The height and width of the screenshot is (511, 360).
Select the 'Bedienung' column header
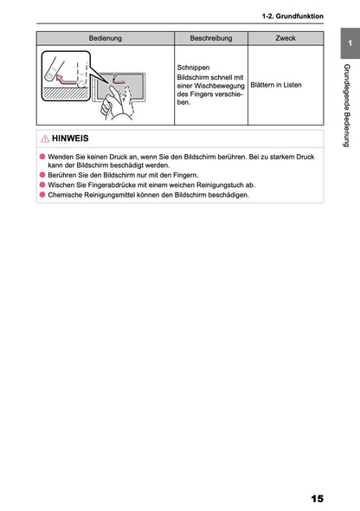coord(105,39)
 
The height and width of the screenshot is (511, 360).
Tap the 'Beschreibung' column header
coord(210,39)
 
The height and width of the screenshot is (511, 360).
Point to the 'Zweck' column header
coord(285,39)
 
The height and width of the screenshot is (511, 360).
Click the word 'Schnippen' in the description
coord(193,67)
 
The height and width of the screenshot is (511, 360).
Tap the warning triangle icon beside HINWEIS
coord(44,139)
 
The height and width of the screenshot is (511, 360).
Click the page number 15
coord(315,498)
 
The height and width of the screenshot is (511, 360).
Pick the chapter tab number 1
coord(348,44)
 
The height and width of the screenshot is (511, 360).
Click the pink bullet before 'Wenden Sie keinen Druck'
coord(42,156)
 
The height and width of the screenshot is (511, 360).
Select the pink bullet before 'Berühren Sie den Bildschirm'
coord(42,175)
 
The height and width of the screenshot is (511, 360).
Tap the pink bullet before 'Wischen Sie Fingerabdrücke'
coord(42,184)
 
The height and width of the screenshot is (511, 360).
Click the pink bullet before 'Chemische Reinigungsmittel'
coord(42,195)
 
